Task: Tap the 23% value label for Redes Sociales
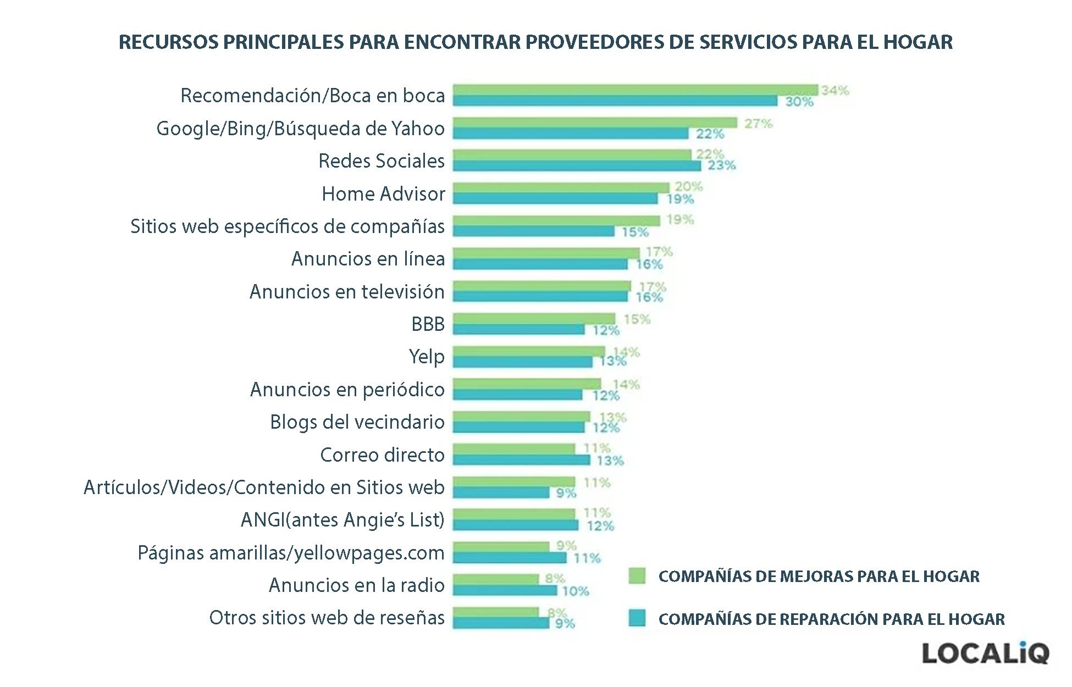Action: pos(721,165)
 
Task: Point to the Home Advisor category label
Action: pos(383,194)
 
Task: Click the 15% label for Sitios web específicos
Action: pos(635,232)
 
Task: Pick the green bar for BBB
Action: pos(534,319)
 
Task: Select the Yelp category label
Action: pos(427,357)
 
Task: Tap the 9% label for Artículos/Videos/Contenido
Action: pos(566,493)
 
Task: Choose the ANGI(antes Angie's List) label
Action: pos(342,519)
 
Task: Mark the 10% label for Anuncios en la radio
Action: pos(576,591)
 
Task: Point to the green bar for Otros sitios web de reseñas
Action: pos(495,612)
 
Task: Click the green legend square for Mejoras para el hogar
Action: pos(637,575)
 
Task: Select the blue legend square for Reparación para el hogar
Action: pos(637,618)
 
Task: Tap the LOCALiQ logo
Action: pos(985,653)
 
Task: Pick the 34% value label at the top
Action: pos(835,91)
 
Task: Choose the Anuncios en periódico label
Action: pos(347,390)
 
